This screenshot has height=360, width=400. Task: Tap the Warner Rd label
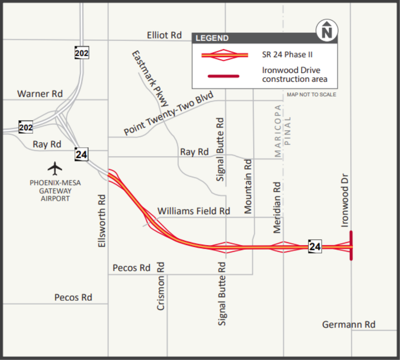41,94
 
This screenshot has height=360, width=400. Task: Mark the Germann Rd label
348,325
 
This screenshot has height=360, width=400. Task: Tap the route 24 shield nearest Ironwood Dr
316,246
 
